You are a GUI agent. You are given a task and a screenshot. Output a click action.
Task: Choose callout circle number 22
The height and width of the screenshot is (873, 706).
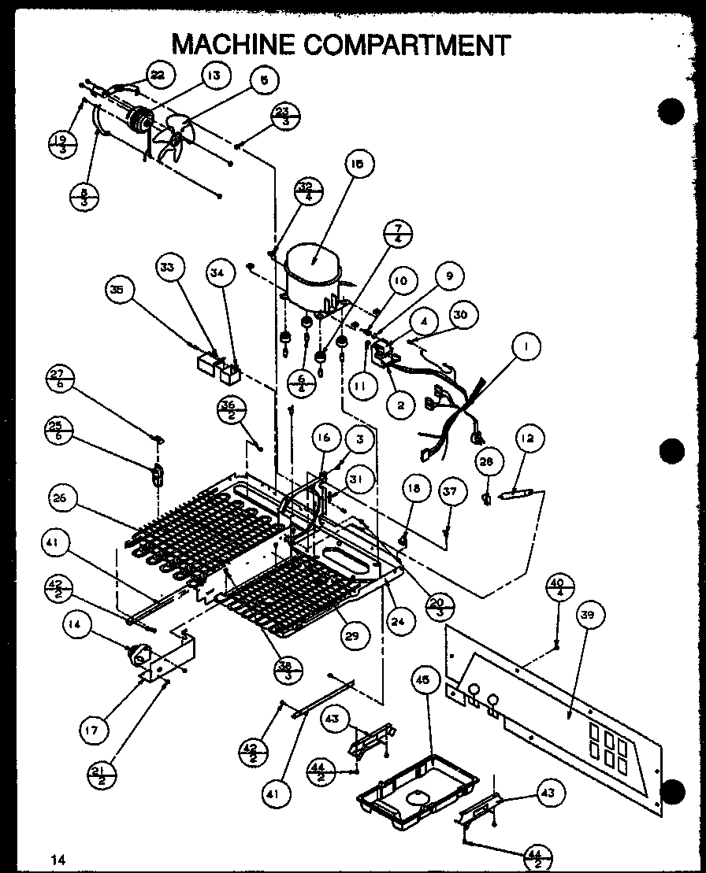click(158, 75)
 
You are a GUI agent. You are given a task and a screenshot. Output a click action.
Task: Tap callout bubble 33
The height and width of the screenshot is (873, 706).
click(168, 267)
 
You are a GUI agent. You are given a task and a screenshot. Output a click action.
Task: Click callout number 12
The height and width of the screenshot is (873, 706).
click(527, 438)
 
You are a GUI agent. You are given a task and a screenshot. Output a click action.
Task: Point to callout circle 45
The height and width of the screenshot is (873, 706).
click(425, 681)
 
